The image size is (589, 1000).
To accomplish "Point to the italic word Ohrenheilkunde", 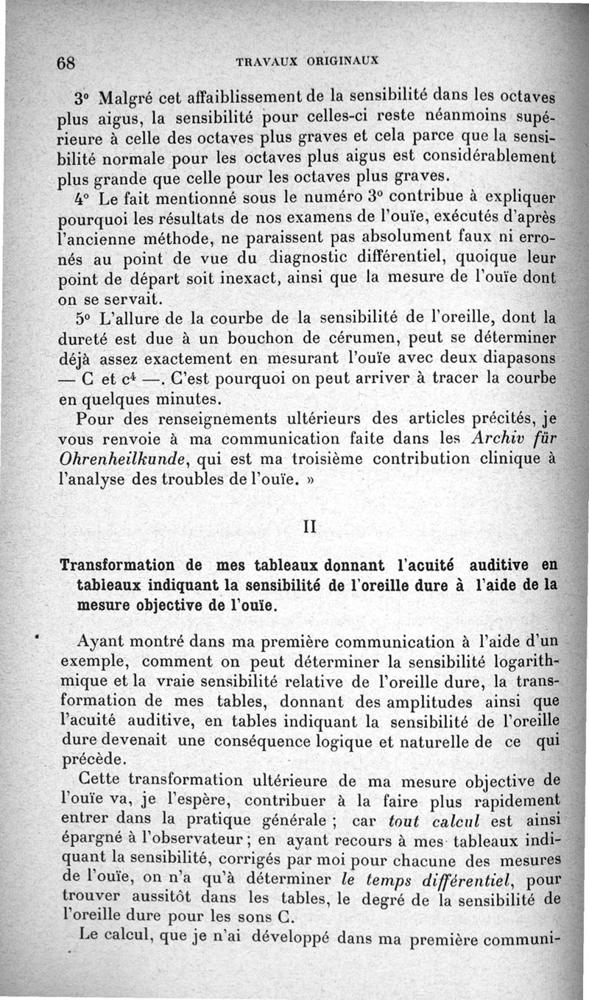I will tap(121, 459).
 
